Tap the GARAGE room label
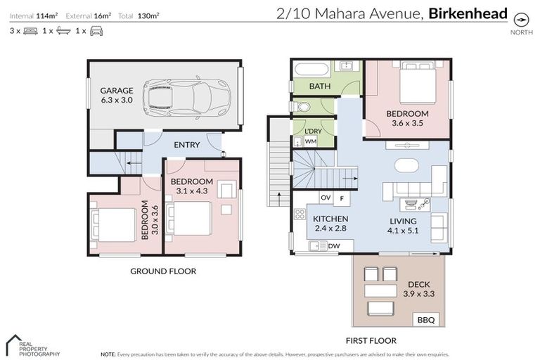click(x=116, y=96)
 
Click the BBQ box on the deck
click(x=426, y=320)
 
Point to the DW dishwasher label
click(x=333, y=245)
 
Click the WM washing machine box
click(x=310, y=141)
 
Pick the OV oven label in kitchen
click(x=326, y=198)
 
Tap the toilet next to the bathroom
click(x=302, y=107)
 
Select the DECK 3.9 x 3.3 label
click(x=406, y=289)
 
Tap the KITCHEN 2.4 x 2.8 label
click(x=330, y=224)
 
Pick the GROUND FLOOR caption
click(x=164, y=271)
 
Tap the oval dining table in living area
click(x=406, y=166)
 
